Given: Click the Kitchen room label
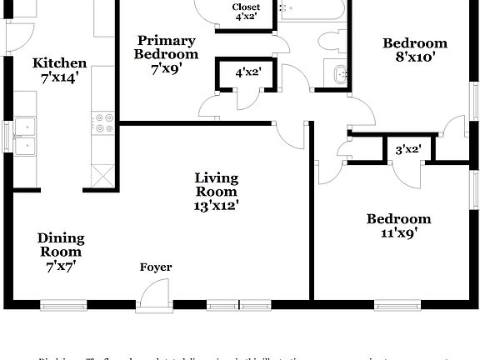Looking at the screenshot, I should (x=59, y=63).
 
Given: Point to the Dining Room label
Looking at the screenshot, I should (x=61, y=245).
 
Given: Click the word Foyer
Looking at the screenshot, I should (x=156, y=267).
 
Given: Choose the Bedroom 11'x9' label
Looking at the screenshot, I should (x=399, y=226).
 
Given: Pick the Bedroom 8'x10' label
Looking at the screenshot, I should (x=415, y=50).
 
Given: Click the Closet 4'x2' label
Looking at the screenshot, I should (x=246, y=12).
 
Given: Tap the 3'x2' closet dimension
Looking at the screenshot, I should (x=407, y=150).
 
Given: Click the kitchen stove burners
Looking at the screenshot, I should (x=105, y=122).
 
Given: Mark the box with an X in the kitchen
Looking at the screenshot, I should (x=102, y=177).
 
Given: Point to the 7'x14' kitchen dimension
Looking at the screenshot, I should (x=59, y=78).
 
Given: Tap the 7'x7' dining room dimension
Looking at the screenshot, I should (x=61, y=267).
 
